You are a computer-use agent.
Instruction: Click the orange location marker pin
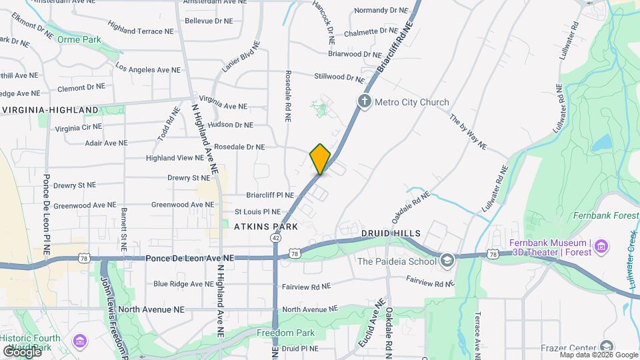click(320, 159)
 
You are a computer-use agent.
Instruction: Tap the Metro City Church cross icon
click(364, 102)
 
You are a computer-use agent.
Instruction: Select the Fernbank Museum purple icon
click(601, 247)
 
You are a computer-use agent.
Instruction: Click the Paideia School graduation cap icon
click(447, 260)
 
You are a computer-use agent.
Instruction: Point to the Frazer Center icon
click(606, 346)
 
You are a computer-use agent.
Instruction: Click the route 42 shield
click(275, 238)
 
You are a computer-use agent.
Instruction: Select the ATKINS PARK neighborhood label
click(265, 227)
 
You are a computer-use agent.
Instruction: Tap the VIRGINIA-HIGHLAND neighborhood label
click(51, 110)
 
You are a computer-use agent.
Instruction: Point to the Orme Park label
click(79, 40)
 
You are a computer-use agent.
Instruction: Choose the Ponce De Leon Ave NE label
click(190, 257)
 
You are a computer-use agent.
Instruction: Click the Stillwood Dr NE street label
click(341, 78)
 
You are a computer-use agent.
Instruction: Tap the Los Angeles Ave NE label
click(148, 69)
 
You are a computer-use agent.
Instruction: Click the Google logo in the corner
click(22, 351)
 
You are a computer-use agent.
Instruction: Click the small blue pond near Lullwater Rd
click(601, 142)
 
